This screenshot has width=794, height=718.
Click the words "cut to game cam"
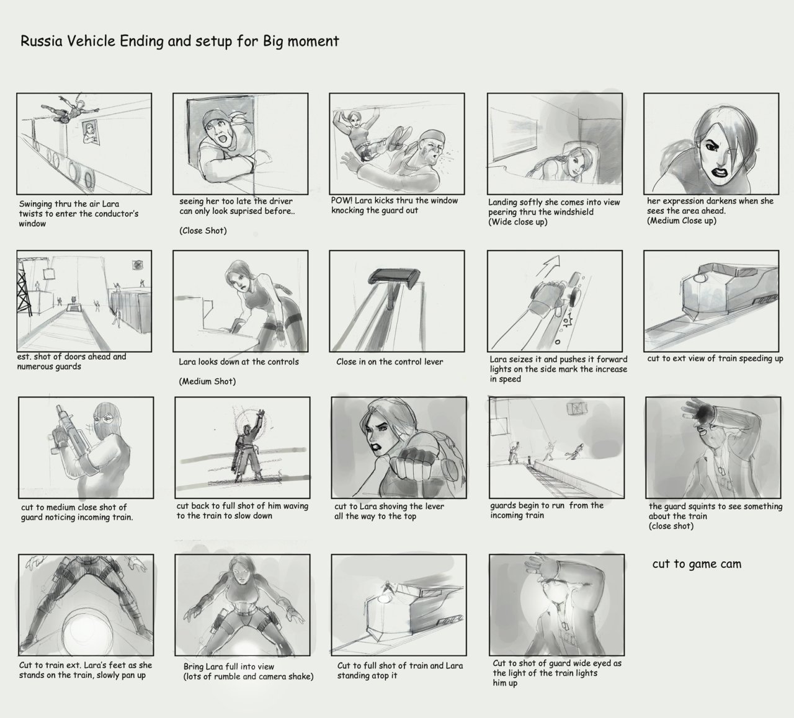click(x=697, y=564)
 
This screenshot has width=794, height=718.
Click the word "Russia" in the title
click(x=42, y=41)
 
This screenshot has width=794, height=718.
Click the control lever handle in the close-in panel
click(x=394, y=276)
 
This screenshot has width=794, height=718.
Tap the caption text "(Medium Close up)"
click(x=682, y=221)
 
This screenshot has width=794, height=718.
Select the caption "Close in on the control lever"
click(x=390, y=361)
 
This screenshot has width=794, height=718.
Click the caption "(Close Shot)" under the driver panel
click(x=203, y=231)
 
